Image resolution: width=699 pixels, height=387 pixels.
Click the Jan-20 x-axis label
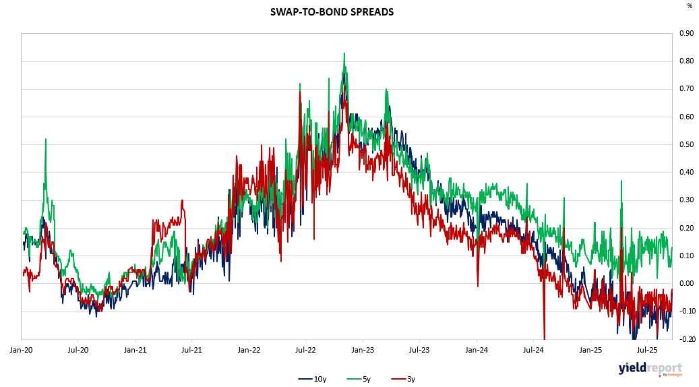tap(22, 351)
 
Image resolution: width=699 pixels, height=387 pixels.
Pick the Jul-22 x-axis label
tap(306, 351)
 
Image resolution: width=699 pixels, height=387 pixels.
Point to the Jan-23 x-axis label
tap(363, 351)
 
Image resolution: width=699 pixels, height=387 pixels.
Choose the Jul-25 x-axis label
tap(647, 351)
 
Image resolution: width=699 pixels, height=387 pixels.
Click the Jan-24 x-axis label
tap(477, 351)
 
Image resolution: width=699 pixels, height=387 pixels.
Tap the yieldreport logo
tap(650, 369)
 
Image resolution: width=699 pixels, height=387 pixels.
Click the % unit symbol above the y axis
tap(689, 6)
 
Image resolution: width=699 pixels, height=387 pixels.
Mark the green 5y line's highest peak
tap(344, 54)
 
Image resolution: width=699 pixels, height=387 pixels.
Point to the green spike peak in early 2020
tap(46, 140)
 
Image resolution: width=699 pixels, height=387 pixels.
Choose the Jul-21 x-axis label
tap(192, 351)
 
